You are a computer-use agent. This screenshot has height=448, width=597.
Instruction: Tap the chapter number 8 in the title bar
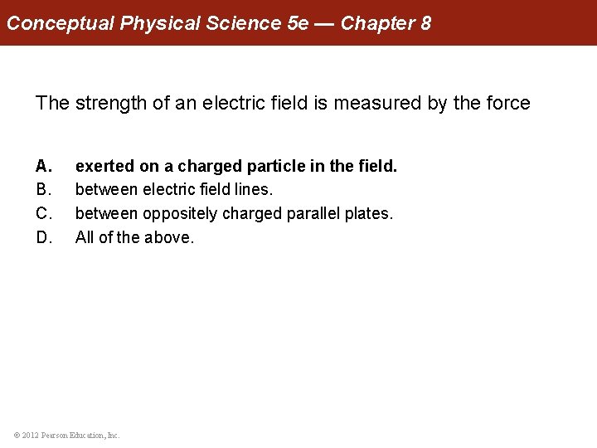tap(425, 22)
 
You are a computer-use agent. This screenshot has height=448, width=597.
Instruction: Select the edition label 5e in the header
tap(297, 22)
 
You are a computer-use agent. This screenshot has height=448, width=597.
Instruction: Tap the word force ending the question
tap(507, 103)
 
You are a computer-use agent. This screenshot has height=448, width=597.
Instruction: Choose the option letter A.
tap(43, 167)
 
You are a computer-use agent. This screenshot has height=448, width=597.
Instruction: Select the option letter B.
tap(43, 190)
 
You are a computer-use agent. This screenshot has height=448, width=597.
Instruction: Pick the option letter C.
tap(43, 214)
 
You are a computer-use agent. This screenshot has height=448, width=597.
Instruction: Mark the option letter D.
tap(43, 237)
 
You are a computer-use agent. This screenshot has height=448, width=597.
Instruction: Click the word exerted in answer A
tap(104, 167)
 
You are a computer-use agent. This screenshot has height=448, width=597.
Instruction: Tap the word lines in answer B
tap(253, 190)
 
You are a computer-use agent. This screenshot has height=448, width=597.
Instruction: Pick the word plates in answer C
tap(368, 214)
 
